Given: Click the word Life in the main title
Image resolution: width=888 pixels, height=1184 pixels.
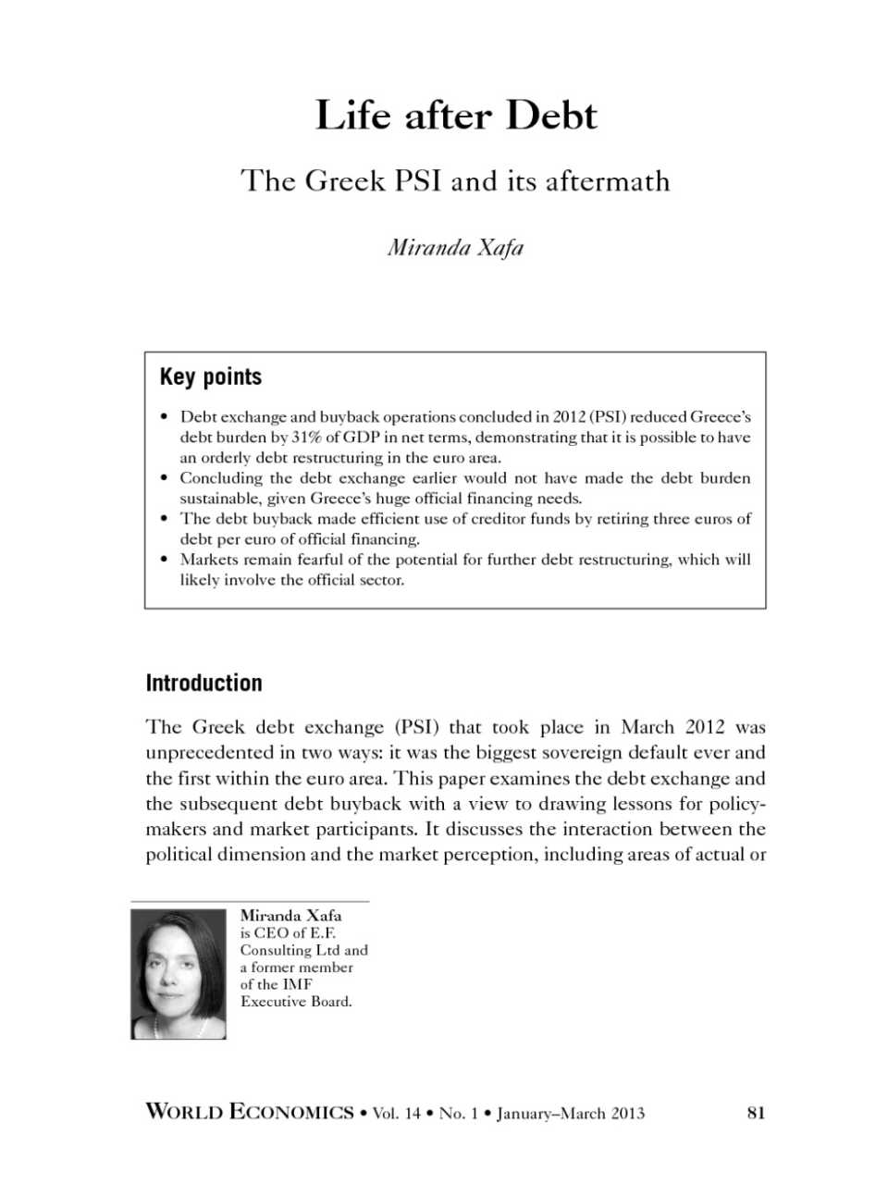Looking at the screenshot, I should (352, 116).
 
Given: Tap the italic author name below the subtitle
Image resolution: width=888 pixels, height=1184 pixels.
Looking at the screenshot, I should (455, 247).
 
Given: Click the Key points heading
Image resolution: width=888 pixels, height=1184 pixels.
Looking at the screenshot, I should (211, 376).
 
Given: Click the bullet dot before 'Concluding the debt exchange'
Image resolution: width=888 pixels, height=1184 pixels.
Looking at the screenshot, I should (165, 478).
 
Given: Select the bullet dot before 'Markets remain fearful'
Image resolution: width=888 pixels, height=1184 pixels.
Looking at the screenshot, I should (165, 560).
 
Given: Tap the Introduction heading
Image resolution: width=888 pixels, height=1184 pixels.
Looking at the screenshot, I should (203, 684).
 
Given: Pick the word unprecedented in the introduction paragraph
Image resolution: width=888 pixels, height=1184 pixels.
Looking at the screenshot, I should (206, 753).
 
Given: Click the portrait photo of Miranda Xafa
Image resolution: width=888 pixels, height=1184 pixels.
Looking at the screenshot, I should (179, 974).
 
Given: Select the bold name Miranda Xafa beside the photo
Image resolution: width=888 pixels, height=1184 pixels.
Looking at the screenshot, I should (290, 915).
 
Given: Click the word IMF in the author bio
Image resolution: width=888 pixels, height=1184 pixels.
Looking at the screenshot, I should (297, 984).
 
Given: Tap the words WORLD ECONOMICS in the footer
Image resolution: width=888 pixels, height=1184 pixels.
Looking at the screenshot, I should (250, 1113).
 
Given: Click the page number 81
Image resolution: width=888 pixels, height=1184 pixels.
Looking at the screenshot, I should (756, 1113).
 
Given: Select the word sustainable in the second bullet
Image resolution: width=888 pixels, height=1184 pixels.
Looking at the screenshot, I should (219, 499).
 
